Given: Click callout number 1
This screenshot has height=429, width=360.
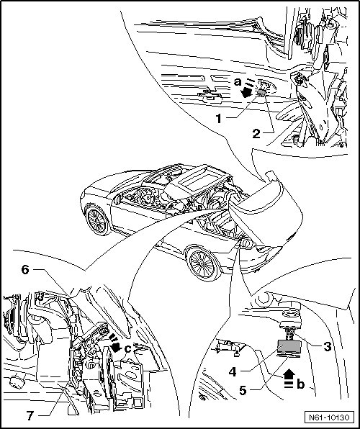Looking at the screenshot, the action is click(x=218, y=119).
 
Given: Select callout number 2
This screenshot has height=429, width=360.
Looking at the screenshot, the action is click(x=256, y=133).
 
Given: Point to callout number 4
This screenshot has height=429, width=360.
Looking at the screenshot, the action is click(x=233, y=372).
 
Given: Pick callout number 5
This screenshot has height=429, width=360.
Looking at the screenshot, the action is click(x=243, y=390).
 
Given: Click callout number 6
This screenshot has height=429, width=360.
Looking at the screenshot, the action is click(x=25, y=270).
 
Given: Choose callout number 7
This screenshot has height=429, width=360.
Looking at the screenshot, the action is click(x=30, y=415).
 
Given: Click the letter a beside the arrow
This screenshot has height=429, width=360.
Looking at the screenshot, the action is click(x=238, y=81).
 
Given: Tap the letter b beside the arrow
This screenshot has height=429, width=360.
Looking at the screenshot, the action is click(x=300, y=384).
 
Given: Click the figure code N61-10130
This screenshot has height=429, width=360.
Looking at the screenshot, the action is click(x=329, y=417).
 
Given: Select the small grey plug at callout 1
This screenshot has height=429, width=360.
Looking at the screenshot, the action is click(x=261, y=93).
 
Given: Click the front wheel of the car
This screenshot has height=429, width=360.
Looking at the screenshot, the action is click(x=97, y=220).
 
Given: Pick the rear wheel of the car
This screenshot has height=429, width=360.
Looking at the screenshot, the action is click(x=203, y=263).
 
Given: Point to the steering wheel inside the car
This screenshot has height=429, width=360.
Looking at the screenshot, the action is click(x=145, y=197).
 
